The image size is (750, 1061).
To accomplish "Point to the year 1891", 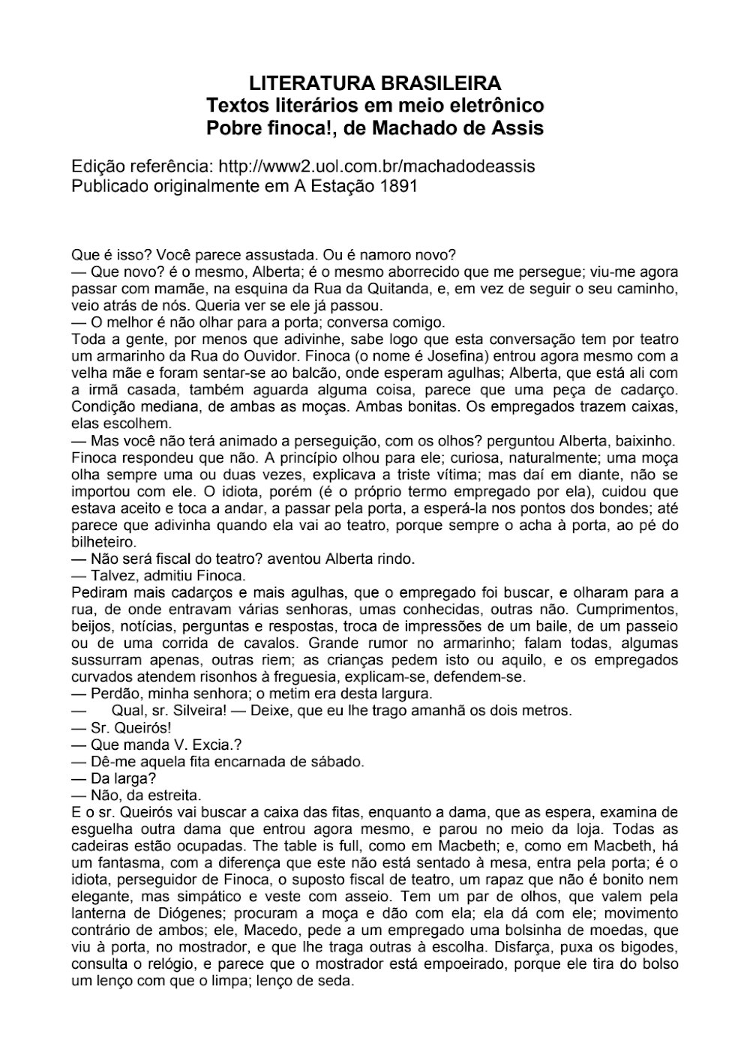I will coord(397,185).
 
